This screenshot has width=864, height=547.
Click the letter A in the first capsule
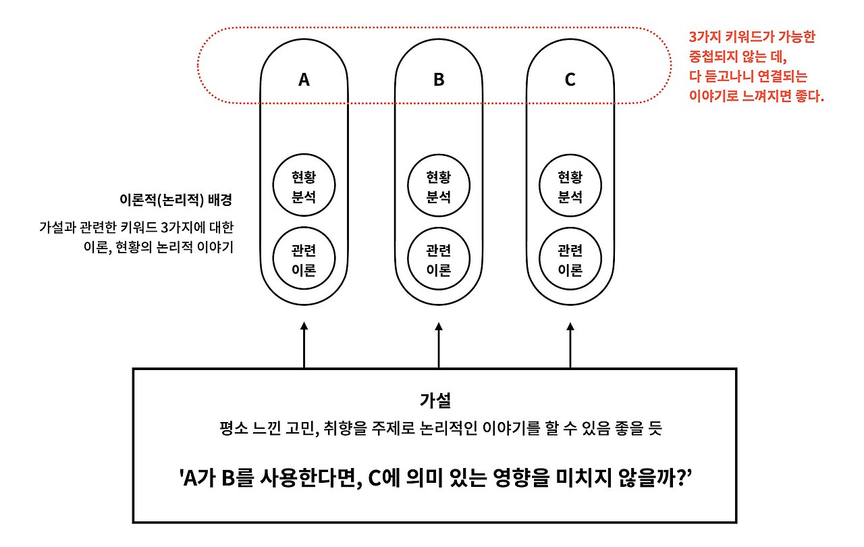pos(304,80)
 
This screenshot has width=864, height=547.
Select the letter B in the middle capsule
pos(439,80)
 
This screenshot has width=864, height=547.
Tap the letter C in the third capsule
pos(570,80)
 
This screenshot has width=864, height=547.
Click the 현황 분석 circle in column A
pos(304,186)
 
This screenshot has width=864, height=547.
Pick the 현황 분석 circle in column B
pos(439,186)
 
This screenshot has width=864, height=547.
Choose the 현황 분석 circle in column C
pos(570,186)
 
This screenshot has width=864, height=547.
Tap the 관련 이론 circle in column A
pos(304,261)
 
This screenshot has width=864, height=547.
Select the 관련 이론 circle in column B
pos(439,261)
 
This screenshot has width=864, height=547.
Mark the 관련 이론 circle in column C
pos(570,261)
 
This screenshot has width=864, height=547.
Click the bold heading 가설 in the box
pos(435,400)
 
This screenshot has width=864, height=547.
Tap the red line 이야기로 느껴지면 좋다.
pos(756,96)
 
